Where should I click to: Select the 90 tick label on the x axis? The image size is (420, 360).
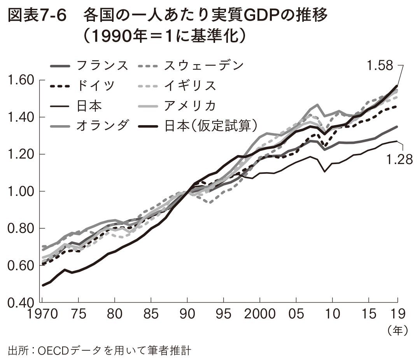click(x=187, y=314)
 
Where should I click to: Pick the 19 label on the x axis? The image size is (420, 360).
click(x=397, y=314)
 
